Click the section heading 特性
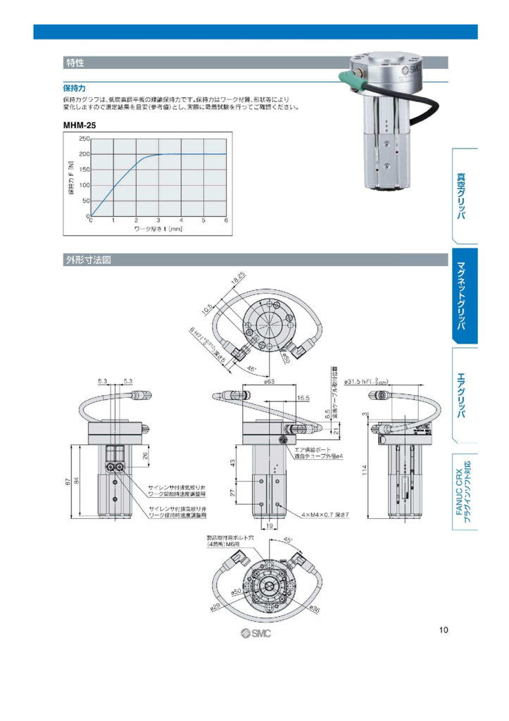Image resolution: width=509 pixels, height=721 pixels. click(75, 63)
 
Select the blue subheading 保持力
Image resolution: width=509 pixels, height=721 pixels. click(74, 89)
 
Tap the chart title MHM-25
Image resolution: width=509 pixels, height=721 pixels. click(79, 125)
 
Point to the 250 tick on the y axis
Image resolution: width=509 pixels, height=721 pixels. click(84, 139)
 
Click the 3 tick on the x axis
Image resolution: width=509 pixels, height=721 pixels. click(158, 220)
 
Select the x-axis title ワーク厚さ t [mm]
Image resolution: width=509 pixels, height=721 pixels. click(158, 229)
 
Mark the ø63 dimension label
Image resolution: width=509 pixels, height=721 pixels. click(268, 382)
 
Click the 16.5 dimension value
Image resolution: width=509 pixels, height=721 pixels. click(303, 398)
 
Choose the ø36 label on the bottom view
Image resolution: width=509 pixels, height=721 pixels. click(315, 608)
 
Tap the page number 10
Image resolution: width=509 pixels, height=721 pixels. click(443, 629)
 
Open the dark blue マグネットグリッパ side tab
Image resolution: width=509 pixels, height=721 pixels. click(463, 296)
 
